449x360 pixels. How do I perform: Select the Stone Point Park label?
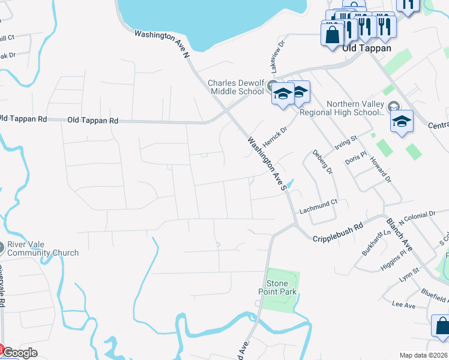[x=282, y=287]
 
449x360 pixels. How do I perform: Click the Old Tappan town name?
[x=366, y=48]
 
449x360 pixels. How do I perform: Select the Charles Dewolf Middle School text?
[x=235, y=87]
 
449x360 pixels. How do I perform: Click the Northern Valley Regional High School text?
[x=355, y=108]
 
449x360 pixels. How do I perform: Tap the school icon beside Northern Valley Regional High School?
[x=402, y=122]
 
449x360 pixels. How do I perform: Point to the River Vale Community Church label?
[x=42, y=249]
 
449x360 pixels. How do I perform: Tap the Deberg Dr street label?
[x=322, y=163]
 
